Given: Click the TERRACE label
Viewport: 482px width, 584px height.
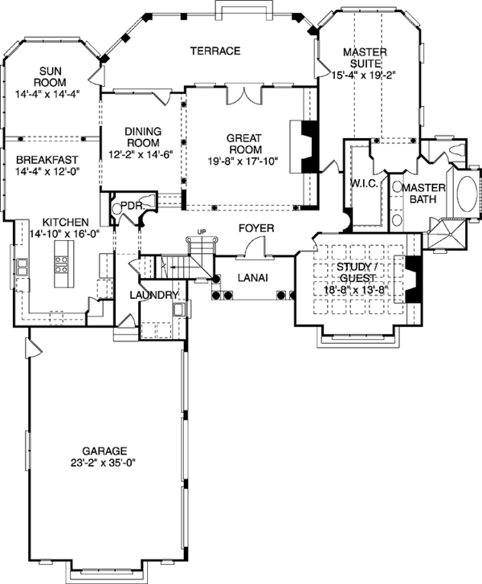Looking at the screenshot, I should [x=215, y=51].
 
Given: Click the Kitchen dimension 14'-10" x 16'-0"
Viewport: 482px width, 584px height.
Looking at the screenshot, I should [x=59, y=233].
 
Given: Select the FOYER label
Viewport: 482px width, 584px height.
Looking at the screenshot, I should [x=256, y=229].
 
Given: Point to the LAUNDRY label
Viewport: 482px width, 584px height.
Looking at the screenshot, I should [x=153, y=296].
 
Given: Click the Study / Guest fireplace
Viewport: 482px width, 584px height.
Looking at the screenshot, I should [x=413, y=280].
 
